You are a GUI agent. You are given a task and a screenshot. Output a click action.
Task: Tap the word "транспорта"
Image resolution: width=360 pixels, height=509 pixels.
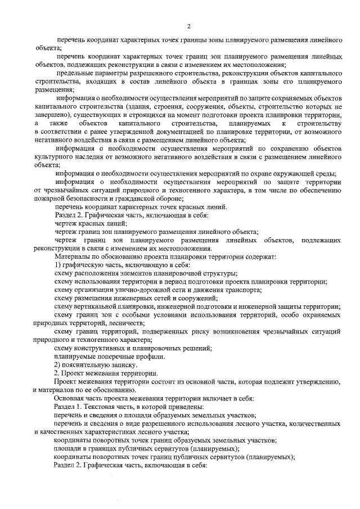click(242, 290)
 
